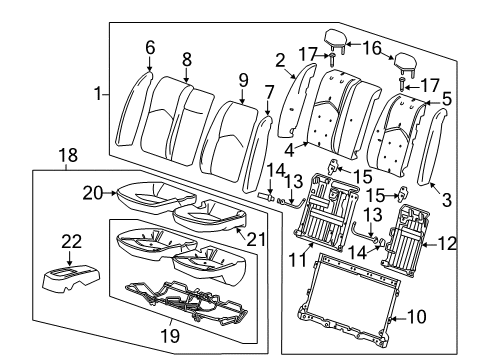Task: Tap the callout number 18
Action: (66, 158)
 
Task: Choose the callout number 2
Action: (281, 60)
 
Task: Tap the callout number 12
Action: (446, 241)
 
